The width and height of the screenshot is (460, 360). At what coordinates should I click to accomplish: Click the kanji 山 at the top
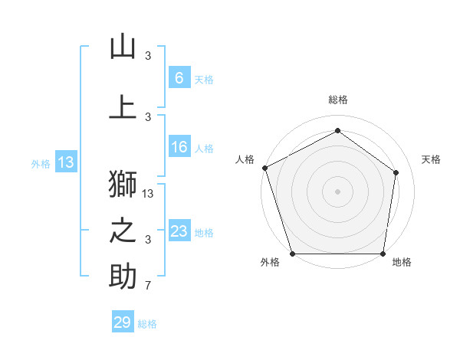coord(123,47)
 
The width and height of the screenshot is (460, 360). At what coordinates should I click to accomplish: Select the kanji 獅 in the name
coord(123,185)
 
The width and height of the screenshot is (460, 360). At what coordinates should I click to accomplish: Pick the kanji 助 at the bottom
coord(123,277)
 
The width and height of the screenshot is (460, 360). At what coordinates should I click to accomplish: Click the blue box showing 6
coord(179,78)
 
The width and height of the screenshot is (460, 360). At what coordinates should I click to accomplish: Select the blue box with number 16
coord(179,147)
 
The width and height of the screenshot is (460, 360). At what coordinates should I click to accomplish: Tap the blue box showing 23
coord(179,231)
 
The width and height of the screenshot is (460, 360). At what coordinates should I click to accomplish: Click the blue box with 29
coord(123,322)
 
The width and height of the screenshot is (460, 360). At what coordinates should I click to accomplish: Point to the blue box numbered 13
coord(65,162)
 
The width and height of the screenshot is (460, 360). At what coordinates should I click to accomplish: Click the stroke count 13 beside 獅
coord(149,194)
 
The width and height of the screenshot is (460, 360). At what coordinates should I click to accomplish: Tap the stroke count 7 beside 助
coord(149,286)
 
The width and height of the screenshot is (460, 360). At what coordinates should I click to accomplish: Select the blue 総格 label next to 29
coord(147,324)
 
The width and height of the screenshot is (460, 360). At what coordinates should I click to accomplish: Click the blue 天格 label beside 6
coord(204,79)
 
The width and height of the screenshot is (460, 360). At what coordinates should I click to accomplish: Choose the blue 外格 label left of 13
coord(40,163)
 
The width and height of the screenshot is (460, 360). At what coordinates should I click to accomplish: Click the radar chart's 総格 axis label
coord(338,100)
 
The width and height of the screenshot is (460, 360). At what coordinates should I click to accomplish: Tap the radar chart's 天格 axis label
coord(432,159)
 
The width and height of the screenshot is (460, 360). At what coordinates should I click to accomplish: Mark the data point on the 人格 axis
coord(264,168)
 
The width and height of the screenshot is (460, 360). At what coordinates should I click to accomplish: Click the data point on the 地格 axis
coord(383,254)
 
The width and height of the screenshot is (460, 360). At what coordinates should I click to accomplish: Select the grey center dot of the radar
coord(338,191)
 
